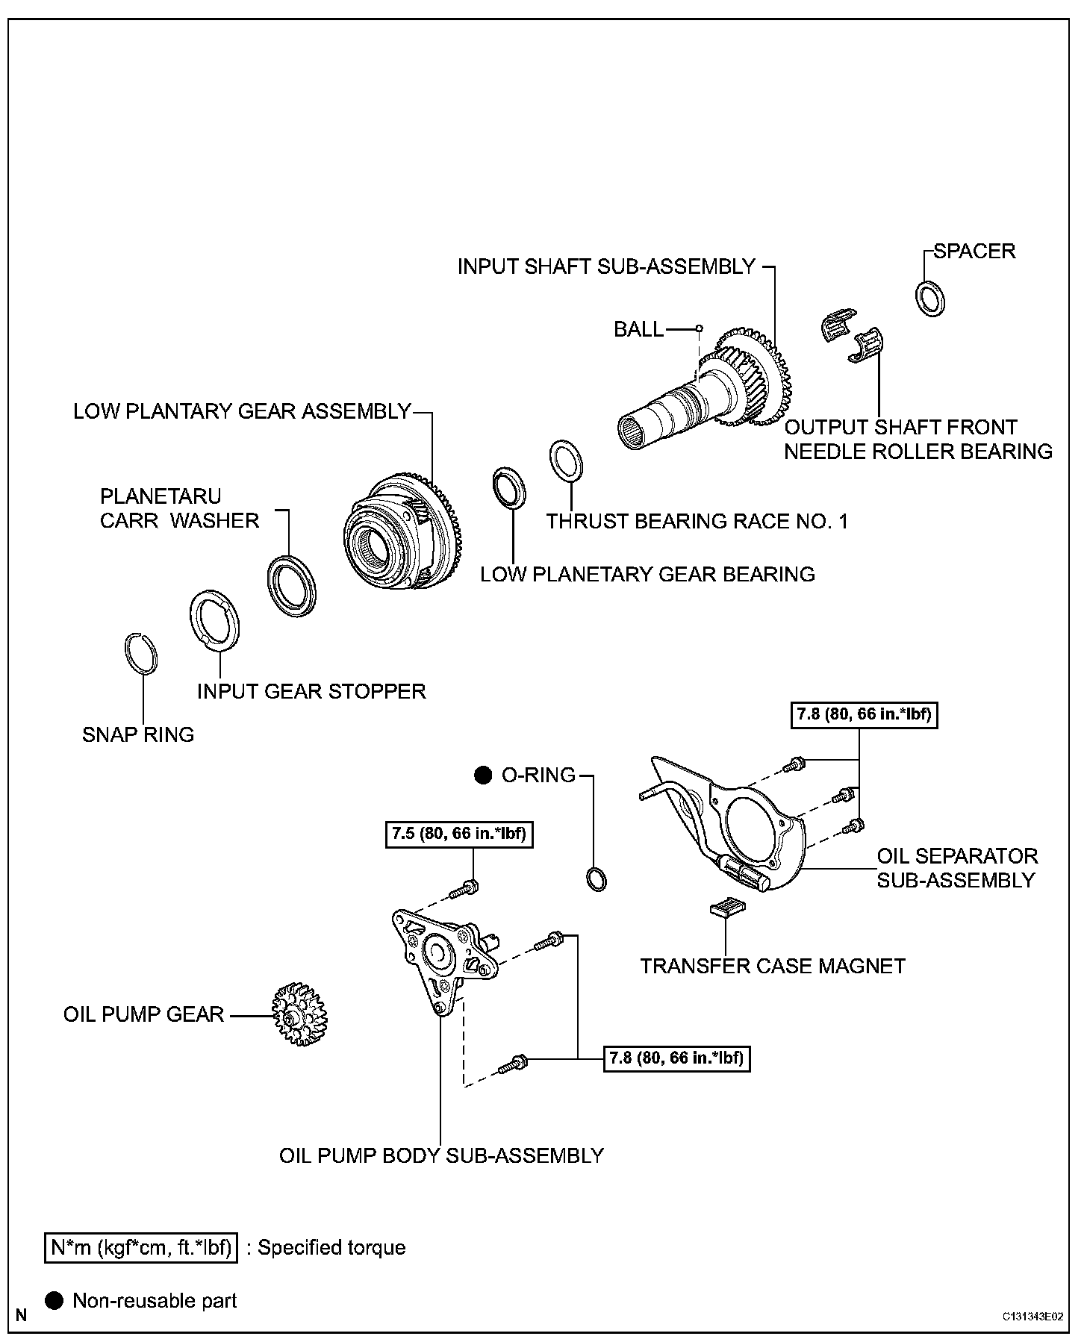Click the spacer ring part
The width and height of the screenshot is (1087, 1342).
pyautogui.click(x=929, y=298)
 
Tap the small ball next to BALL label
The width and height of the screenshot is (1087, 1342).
pyautogui.click(x=700, y=328)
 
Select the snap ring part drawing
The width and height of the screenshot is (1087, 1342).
pyautogui.click(x=140, y=654)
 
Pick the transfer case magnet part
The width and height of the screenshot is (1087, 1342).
pyautogui.click(x=728, y=907)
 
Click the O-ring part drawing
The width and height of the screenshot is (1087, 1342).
pyautogui.click(x=596, y=879)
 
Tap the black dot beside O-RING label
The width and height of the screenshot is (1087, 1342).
pyautogui.click(x=483, y=775)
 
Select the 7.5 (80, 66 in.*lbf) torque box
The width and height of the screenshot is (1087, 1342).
pyautogui.click(x=460, y=834)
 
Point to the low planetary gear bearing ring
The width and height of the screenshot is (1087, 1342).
pyautogui.click(x=510, y=486)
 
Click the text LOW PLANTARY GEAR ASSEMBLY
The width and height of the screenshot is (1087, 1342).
pyautogui.click(x=242, y=411)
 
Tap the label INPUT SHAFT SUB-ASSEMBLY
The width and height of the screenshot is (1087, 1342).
pyautogui.click(x=606, y=266)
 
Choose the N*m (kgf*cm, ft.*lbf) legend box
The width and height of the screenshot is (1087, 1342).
pyautogui.click(x=141, y=1247)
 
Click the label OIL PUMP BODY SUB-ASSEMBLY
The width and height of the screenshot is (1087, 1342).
pyautogui.click(x=441, y=1155)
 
